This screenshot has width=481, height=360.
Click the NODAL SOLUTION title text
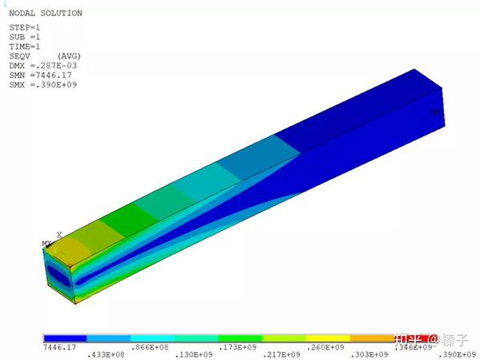coord(45,14)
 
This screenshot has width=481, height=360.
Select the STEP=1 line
coord(25,27)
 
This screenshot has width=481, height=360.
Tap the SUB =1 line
coord(25,37)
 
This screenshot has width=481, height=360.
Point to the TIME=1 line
coord(25,47)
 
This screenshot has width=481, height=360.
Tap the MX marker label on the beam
coord(46,244)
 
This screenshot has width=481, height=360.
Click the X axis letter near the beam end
coord(59,235)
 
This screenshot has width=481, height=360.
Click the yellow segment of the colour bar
coord(328,338)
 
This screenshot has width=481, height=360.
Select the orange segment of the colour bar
coord(371,338)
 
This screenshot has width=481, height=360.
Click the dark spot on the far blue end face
coord(436,112)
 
